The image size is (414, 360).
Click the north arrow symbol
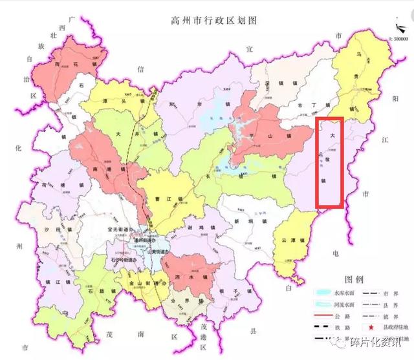395,28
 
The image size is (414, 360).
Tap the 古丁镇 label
309,104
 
